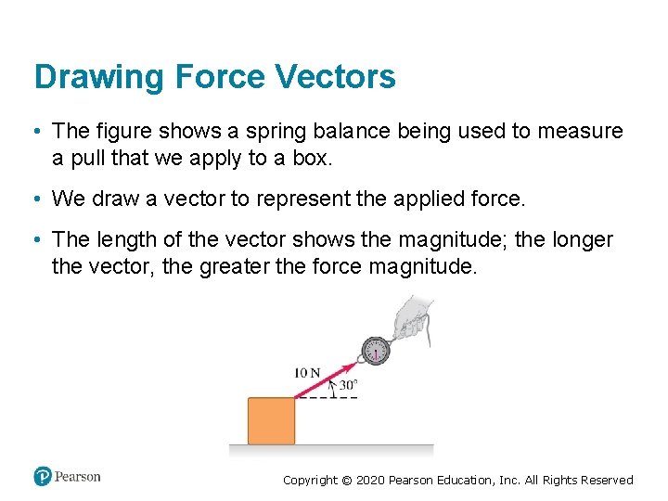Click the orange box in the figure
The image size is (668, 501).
pyautogui.click(x=271, y=420)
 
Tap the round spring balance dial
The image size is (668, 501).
pyautogui.click(x=376, y=351)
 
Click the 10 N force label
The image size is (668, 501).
pyautogui.click(x=307, y=373)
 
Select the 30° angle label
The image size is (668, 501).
pyautogui.click(x=348, y=385)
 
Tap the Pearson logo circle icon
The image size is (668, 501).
pyautogui.click(x=43, y=477)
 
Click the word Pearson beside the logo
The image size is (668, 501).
pyautogui.click(x=77, y=477)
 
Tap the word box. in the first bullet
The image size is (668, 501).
pyautogui.click(x=310, y=158)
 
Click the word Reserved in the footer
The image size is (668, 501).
pyautogui.click(x=604, y=481)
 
